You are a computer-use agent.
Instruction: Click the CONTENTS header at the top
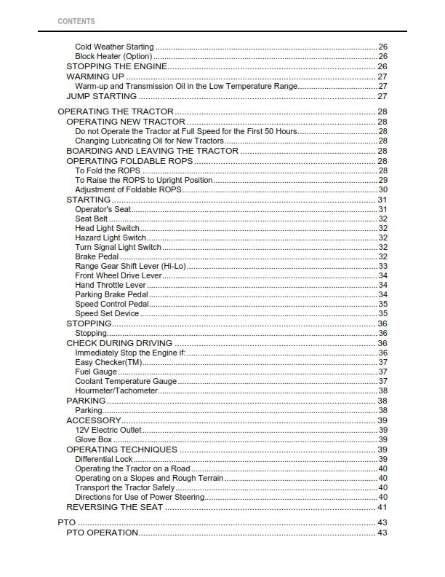click(76, 21)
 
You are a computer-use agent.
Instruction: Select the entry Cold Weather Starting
click(114, 47)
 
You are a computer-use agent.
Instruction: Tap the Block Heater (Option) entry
click(113, 57)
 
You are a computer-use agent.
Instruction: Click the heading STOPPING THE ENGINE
click(116, 66)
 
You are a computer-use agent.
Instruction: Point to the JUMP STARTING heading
click(101, 96)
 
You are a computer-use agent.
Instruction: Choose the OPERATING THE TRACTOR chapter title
click(115, 111)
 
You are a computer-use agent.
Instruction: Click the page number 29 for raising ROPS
click(382, 180)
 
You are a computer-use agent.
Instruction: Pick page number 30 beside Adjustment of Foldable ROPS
click(382, 189)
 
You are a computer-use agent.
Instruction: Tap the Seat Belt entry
click(92, 219)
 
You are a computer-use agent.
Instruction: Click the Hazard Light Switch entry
click(110, 238)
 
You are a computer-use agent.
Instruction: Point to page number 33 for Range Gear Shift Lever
click(382, 266)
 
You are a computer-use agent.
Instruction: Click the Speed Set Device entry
click(107, 313)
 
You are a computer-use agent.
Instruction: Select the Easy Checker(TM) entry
click(108, 362)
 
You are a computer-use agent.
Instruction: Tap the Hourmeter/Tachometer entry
click(116, 390)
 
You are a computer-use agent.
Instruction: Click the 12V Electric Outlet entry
click(108, 431)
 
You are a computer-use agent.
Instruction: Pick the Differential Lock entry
click(104, 460)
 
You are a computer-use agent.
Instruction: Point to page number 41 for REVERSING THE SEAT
click(382, 507)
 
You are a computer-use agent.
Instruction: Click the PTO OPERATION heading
click(102, 533)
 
